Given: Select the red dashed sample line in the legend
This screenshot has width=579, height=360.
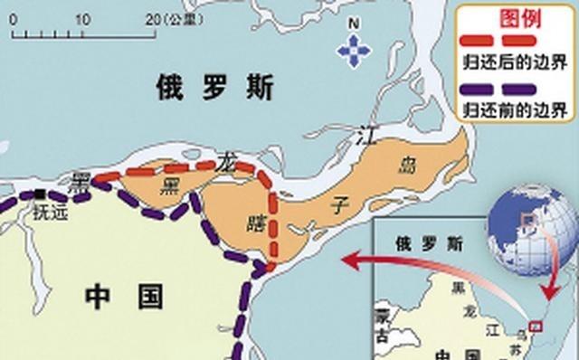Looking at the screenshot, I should tap(513, 41).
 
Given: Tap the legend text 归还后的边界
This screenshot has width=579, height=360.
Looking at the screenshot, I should tap(513, 62).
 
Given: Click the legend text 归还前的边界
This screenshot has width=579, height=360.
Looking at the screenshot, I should tap(513, 110).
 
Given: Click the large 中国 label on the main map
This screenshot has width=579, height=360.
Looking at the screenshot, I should tap(125, 296).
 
